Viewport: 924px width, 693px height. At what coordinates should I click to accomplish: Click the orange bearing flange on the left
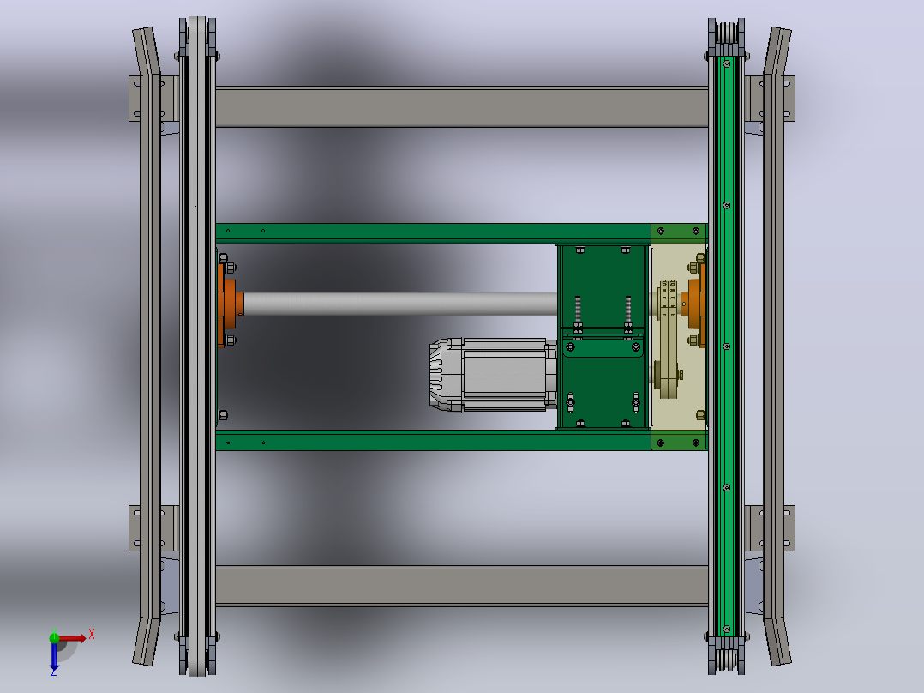[x=229, y=304]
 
